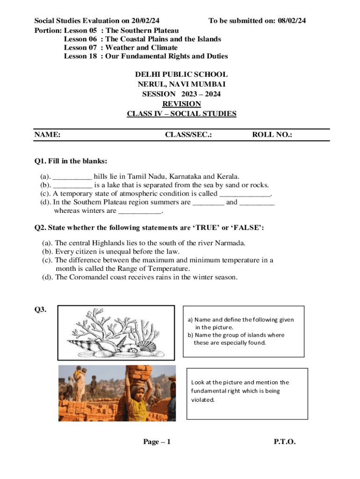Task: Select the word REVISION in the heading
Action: [x=181, y=104]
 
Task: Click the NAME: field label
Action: [x=47, y=135]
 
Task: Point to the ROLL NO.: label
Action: [x=272, y=135]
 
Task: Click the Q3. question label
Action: [x=40, y=309]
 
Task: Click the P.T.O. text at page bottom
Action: [x=285, y=442]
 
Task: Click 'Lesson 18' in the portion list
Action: [x=80, y=56]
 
